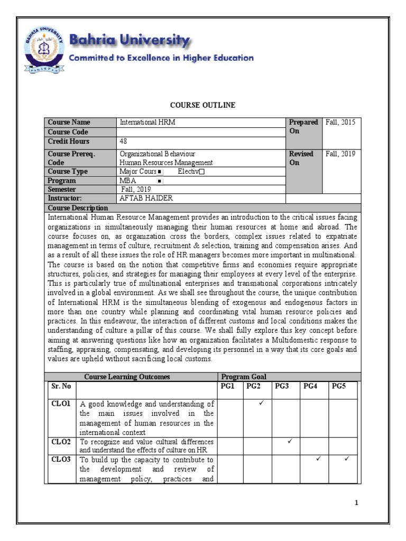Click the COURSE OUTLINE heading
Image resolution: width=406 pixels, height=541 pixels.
click(202, 105)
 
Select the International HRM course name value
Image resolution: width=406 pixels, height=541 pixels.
click(147, 123)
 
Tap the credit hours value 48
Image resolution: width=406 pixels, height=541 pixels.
click(123, 142)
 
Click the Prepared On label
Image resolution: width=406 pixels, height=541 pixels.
click(303, 127)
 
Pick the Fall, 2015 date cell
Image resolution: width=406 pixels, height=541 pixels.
click(340, 123)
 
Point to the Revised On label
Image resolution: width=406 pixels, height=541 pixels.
click(301, 158)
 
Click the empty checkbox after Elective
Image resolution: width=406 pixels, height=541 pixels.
click(201, 172)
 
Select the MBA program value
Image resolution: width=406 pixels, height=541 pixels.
click(128, 181)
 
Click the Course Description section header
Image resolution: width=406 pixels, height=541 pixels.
click(78, 208)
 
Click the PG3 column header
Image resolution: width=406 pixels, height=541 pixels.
click(282, 386)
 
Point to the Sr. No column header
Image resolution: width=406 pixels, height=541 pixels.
click(61, 386)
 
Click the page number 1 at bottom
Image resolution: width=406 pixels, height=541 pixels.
click(357, 502)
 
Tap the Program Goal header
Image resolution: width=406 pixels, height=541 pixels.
click(244, 377)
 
